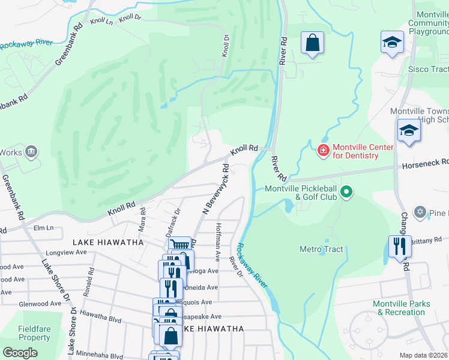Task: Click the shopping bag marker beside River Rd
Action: pos(312,44)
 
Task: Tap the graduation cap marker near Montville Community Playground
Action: pos(392,43)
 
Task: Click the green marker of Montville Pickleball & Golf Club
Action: pos(346,193)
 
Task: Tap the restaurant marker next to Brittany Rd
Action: pos(399,247)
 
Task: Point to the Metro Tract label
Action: pos(321,249)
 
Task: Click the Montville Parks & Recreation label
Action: pos(401,308)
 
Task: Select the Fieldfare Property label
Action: pos(34,333)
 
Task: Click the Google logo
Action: pos(20,353)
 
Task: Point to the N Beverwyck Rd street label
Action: pos(216,189)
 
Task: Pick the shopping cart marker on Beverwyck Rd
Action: pos(179,245)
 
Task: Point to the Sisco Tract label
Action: pos(428,69)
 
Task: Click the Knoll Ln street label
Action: pos(101,21)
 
